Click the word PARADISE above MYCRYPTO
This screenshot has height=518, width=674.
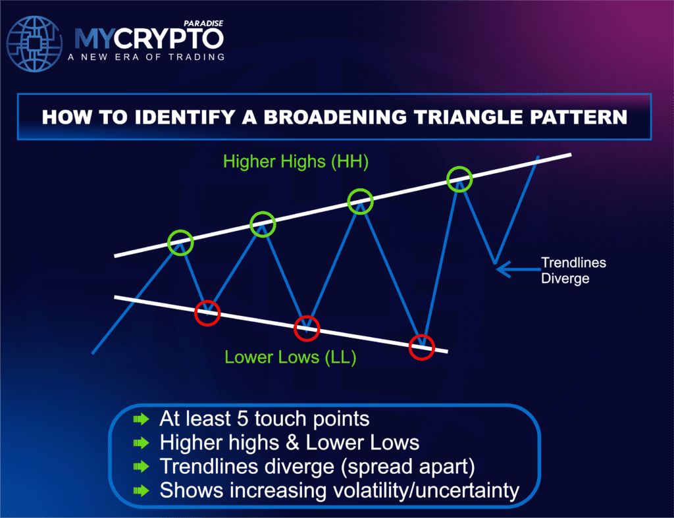click(x=204, y=23)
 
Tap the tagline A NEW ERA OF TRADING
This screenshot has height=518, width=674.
click(x=145, y=57)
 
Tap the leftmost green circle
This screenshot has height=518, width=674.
click(x=180, y=243)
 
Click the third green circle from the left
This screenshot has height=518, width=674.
click(x=360, y=201)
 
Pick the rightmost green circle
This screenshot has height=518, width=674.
click(x=459, y=178)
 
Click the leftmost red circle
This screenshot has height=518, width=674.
click(x=208, y=312)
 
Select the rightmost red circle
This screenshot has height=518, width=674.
click(x=421, y=346)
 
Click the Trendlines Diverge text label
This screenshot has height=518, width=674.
click(x=564, y=271)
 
